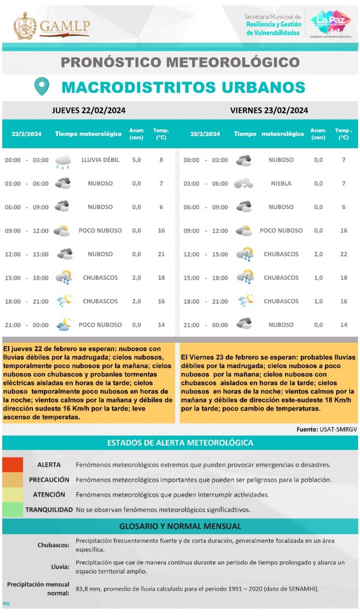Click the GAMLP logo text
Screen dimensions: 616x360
click(x=64, y=27)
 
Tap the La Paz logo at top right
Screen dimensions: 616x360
click(x=330, y=24)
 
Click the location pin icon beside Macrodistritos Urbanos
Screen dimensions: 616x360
click(x=42, y=87)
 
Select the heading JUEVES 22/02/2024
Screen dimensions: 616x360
click(x=89, y=111)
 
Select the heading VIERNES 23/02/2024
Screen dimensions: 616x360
click(x=269, y=111)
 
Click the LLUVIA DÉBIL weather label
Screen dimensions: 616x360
click(x=100, y=160)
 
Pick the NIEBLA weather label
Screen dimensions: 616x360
click(x=281, y=183)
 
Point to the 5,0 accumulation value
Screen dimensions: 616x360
click(x=136, y=160)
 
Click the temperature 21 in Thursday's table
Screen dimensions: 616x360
click(x=161, y=254)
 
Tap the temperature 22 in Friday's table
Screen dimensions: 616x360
click(x=343, y=254)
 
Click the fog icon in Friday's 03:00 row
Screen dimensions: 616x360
click(x=243, y=183)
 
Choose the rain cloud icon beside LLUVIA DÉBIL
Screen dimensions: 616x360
click(x=63, y=161)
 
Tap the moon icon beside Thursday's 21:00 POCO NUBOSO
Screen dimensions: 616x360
click(x=63, y=324)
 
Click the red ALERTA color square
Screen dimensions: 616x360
click(x=12, y=465)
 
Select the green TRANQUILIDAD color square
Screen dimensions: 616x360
click(x=12, y=509)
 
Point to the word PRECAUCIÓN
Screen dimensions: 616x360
click(x=49, y=480)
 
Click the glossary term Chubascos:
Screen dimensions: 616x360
click(x=53, y=545)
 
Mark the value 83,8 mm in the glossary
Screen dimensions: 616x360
click(x=88, y=588)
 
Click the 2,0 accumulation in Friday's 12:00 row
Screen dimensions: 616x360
click(x=318, y=254)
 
